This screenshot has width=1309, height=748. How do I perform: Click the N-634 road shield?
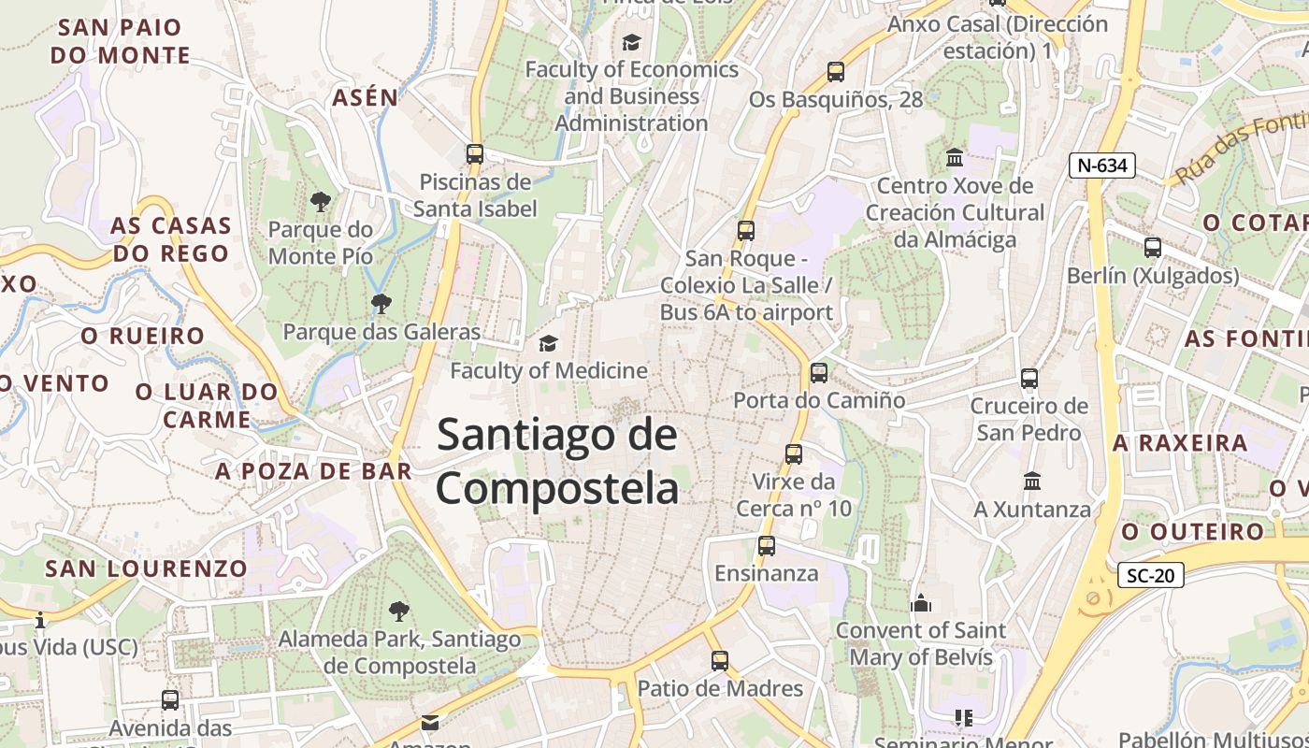pos(1101,165)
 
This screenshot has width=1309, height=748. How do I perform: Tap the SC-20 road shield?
pos(1150,575)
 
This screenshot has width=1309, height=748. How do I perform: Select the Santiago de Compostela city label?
pos(557,462)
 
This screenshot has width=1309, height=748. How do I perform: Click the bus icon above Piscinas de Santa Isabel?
pos(475,154)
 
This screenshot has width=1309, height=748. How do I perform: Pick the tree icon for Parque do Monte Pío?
pos(320,201)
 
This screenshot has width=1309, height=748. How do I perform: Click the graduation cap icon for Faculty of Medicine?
pos(548,344)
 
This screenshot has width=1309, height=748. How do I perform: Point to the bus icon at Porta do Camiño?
pos(819,373)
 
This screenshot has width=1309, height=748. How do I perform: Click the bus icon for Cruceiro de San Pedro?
pos(1029,379)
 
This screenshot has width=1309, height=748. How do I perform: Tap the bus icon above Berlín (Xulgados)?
pos(1153,248)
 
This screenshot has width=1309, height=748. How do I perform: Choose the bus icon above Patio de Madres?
pos(719,661)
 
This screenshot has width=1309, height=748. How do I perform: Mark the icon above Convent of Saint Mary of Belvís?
pos(921,603)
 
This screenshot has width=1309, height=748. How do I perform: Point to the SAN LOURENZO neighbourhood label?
pos(147,568)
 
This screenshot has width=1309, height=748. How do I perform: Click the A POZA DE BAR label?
pos(313,471)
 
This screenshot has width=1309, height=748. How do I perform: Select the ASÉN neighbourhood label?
pos(365,97)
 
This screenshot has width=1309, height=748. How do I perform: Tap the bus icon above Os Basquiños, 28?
pos(836,72)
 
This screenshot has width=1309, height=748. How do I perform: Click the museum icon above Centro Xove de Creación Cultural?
pos(955,158)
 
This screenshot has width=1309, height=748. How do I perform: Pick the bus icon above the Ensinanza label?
pos(767,546)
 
